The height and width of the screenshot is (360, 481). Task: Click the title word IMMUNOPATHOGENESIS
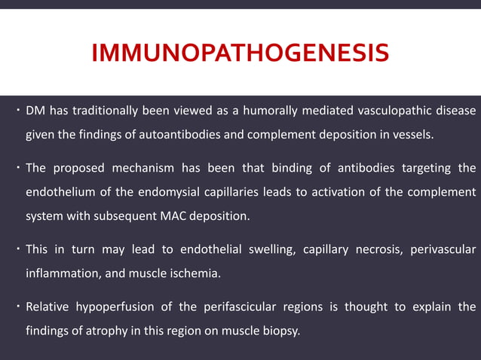[240, 54]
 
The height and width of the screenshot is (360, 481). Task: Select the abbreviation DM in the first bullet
[35, 111]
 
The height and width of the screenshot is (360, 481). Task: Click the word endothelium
[59, 192]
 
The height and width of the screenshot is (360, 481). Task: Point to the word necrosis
[371, 249]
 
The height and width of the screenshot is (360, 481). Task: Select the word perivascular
[442, 249]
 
